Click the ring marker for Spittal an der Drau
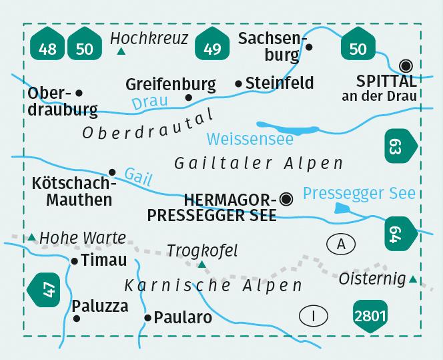coord(405,65)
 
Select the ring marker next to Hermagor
coord(287,198)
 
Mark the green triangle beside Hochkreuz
coord(121,51)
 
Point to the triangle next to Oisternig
coord(414,279)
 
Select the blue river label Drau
coord(147,103)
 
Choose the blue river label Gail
coord(138,177)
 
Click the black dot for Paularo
coord(147,318)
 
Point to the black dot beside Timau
coord(75,261)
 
